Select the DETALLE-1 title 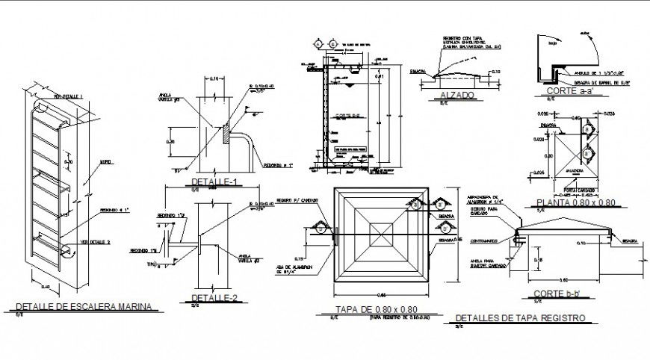(x=214, y=182)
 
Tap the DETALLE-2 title (x=214, y=297)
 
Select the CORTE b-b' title (x=563, y=294)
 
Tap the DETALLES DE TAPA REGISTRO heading (x=519, y=318)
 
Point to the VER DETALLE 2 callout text (x=96, y=242)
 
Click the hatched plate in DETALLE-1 (x=226, y=137)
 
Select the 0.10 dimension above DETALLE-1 (x=214, y=78)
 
